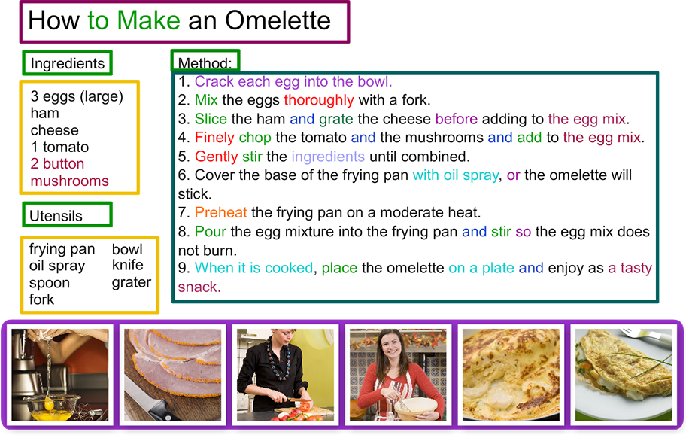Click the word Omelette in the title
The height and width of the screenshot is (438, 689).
tap(278, 20)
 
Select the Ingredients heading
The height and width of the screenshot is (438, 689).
tap(67, 64)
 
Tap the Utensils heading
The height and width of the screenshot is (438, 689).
tap(56, 216)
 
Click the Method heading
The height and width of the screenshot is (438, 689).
tap(205, 63)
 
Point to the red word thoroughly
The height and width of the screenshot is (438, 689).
tap(319, 101)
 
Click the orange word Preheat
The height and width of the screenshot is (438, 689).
tap(220, 213)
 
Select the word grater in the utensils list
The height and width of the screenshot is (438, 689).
tap(132, 283)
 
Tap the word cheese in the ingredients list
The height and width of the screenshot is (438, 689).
tap(54, 130)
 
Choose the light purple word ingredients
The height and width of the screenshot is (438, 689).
tap(328, 157)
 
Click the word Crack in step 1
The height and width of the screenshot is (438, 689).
tap(214, 81)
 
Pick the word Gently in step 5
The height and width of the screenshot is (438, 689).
tap(216, 157)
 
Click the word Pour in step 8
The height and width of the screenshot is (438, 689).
tap(210, 231)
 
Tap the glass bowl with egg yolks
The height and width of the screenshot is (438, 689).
tap(53, 407)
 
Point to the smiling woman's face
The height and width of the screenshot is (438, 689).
tap(390, 346)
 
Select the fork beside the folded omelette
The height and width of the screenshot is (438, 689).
tap(646, 334)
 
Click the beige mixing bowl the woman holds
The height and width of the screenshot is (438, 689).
tap(416, 409)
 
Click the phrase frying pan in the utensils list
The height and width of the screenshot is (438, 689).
tap(62, 249)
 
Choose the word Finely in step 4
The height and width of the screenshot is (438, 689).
tap(214, 138)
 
